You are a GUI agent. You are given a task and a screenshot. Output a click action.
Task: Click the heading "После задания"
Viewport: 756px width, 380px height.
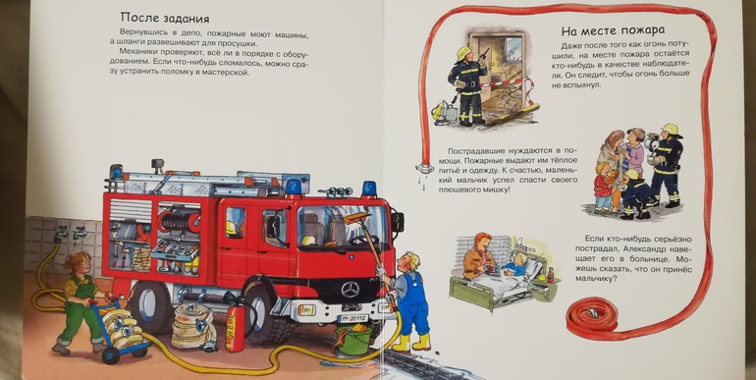tap(164, 19)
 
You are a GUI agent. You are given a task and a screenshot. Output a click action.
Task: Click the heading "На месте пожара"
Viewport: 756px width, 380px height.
tap(613, 30)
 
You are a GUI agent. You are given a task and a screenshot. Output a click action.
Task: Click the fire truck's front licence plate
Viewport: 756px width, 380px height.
tap(352, 318)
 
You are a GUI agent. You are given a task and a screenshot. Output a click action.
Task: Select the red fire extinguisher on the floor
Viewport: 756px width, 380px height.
tap(236, 326)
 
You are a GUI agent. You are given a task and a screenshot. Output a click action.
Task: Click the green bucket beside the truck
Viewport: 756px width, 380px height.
tap(353, 339)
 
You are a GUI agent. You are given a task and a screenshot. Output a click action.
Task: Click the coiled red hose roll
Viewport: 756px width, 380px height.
tap(592, 317)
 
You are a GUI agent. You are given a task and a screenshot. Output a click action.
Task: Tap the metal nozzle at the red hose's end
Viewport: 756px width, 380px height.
tap(425, 168)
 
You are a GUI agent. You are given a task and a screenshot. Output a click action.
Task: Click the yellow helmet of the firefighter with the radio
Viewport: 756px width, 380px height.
tap(463, 52)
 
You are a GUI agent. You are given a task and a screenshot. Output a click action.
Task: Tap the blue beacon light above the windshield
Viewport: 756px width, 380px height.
tap(369, 189)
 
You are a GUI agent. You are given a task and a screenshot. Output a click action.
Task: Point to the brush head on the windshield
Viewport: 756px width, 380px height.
tap(356, 218)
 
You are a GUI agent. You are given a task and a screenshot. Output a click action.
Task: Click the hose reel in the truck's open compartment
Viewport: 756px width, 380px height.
tap(179, 221)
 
